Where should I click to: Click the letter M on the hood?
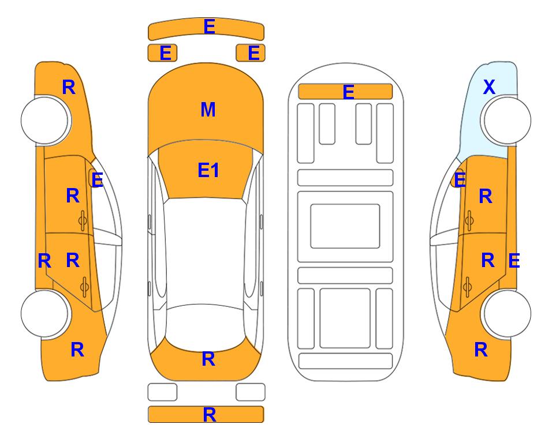pyautogui.click(x=208, y=109)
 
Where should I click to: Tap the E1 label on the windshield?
pyautogui.click(x=208, y=170)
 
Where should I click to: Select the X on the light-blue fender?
pyautogui.click(x=489, y=87)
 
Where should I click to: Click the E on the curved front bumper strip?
pyautogui.click(x=209, y=26)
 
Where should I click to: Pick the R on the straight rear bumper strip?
pyautogui.click(x=209, y=414)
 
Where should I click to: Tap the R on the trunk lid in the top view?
pyautogui.click(x=208, y=359)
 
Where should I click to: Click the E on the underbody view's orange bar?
pyautogui.click(x=349, y=92)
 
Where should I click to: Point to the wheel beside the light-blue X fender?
pyautogui.click(x=506, y=121)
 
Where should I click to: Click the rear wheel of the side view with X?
pyautogui.click(x=506, y=313)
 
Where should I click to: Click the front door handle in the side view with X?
pyautogui.click(x=469, y=220)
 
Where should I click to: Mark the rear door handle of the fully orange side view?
pyautogui.click(x=84, y=287)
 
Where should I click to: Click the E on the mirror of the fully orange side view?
pyautogui.click(x=97, y=180)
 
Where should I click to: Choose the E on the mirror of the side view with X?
pyautogui.click(x=460, y=180)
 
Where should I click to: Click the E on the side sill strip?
pyautogui.click(x=514, y=261)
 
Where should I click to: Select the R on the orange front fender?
pyautogui.click(x=69, y=87)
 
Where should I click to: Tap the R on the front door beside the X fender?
pyautogui.click(x=486, y=196)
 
